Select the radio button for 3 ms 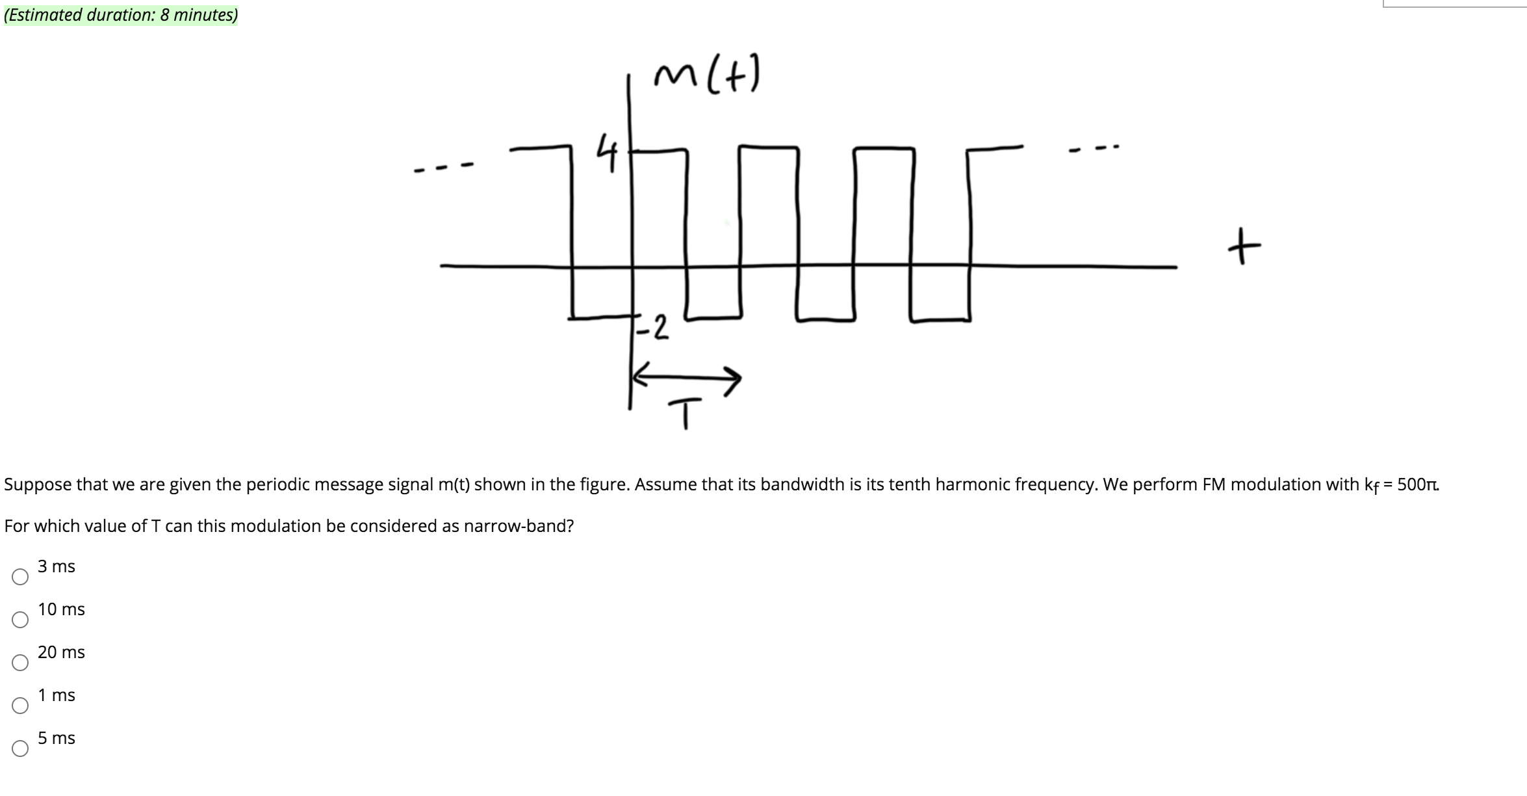(20, 577)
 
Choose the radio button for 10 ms (20, 620)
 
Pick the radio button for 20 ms (20, 663)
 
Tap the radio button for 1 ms (20, 706)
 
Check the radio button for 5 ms (20, 749)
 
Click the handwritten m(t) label (706, 74)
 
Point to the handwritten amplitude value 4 (607, 152)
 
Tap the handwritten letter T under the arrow (685, 414)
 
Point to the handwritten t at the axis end (1244, 246)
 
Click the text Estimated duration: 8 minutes (121, 15)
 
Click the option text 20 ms (61, 652)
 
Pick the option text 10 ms (61, 609)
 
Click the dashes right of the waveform (1094, 149)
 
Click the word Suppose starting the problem (38, 484)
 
